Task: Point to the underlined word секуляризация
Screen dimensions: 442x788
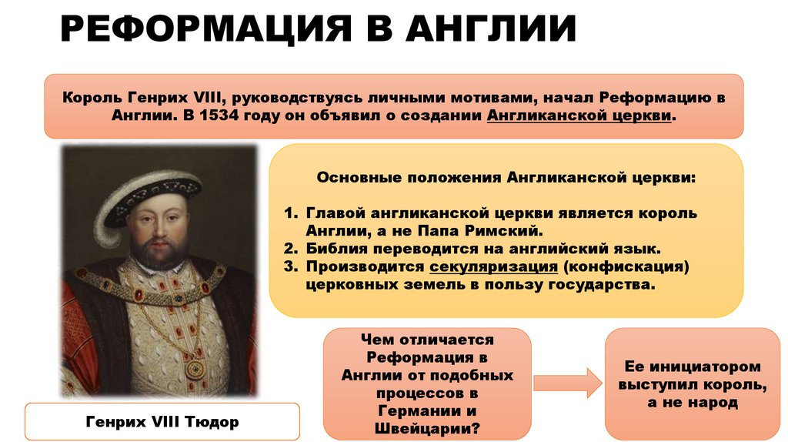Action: [x=493, y=267]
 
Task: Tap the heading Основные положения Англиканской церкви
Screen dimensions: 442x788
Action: [x=506, y=177]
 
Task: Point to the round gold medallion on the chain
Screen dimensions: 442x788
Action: [x=195, y=367]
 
